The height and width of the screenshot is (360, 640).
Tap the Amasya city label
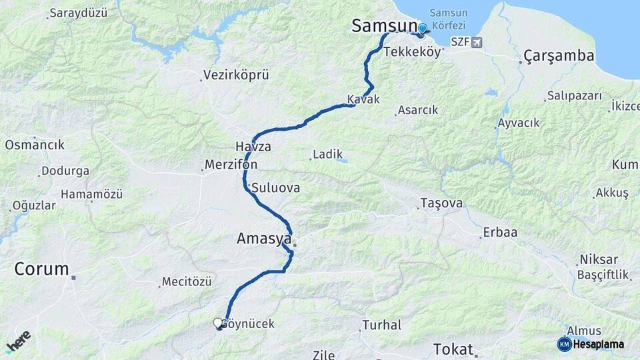click(264, 239)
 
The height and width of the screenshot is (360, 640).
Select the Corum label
click(41, 269)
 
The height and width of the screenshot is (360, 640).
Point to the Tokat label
click(453, 349)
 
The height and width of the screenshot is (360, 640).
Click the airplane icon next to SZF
click(476, 42)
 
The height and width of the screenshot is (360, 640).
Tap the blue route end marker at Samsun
click(422, 29)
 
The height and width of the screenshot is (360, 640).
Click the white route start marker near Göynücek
click(217, 323)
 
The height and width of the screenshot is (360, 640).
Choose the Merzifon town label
click(231, 164)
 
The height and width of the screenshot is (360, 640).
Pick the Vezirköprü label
click(236, 75)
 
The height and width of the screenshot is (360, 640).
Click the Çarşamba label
click(559, 55)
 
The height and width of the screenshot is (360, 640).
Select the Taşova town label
click(441, 203)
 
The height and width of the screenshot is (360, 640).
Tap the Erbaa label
click(501, 232)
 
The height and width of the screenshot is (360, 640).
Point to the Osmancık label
click(35, 145)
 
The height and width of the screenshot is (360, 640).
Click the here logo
click(18, 341)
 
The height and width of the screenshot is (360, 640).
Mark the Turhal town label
click(381, 325)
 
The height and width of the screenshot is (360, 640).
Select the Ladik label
click(327, 154)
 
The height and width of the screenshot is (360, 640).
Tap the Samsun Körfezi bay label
click(449, 19)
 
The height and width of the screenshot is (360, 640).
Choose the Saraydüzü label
click(79, 13)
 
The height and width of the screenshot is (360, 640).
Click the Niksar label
click(599, 259)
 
